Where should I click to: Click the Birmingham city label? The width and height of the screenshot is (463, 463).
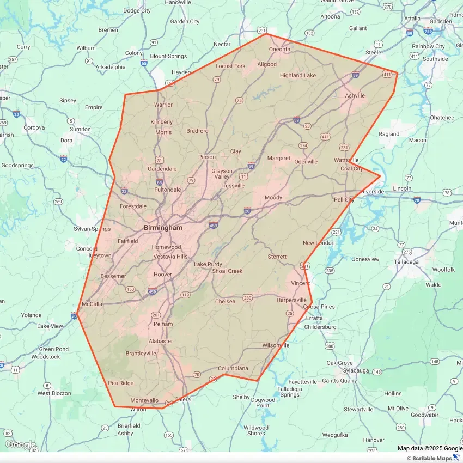pos(163,228)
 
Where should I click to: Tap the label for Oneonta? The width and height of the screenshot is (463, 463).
pos(279,50)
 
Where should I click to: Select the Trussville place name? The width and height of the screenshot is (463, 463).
pos(232,186)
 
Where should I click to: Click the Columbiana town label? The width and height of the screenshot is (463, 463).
pos(233,369)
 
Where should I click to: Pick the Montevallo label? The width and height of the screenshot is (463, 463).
pos(144,400)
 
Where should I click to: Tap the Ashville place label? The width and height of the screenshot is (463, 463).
pos(355,95)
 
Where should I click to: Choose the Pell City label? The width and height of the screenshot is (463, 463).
pos(344,200)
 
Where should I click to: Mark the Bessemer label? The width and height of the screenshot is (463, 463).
pos(113,276)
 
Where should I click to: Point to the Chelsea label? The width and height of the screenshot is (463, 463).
pos(225,301)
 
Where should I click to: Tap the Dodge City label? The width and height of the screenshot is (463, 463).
pos(137,10)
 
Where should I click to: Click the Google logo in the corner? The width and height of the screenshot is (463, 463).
pos(20,445)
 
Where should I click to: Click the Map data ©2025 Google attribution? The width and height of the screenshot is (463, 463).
pos(430,448)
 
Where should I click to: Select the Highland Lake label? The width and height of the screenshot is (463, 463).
pos(297,75)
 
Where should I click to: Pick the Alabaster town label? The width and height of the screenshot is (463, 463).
pos(161,341)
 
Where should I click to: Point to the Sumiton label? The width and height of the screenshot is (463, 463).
pos(80,129)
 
